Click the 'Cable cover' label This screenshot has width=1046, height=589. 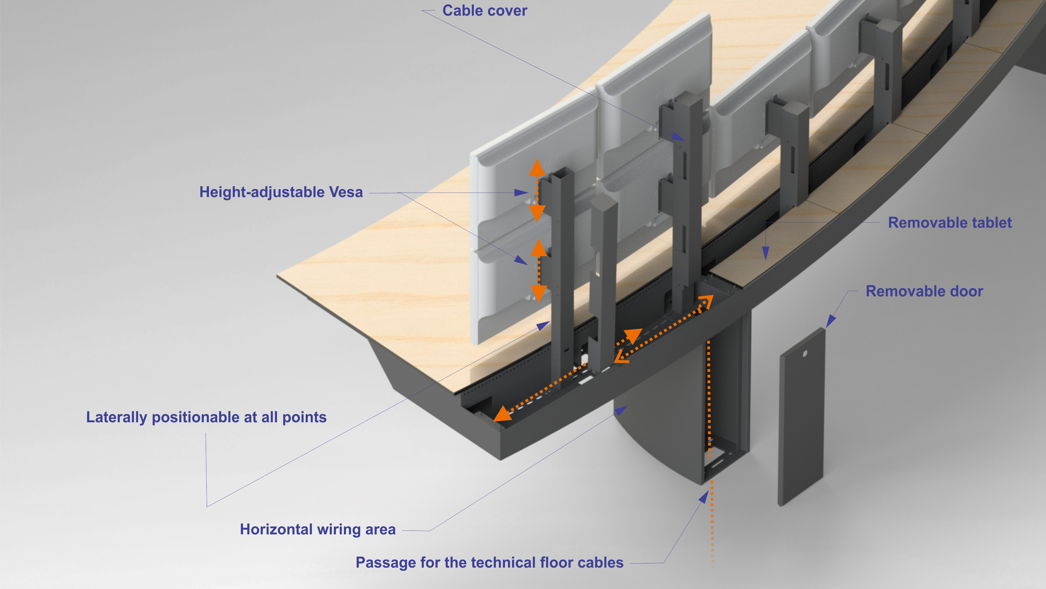[485, 11]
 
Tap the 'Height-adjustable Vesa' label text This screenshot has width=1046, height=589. [281, 192]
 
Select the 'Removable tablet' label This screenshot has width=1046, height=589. [949, 223]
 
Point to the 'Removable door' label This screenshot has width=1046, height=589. [924, 291]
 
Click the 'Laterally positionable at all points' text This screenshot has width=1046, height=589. [206, 417]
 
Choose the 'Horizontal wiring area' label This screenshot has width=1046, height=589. [317, 530]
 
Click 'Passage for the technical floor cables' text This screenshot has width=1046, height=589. [489, 562]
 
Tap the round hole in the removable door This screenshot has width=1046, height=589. [805, 354]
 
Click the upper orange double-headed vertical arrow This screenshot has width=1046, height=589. [537, 190]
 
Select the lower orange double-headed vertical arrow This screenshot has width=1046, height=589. [539, 270]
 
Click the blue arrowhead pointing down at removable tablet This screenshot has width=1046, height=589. [765, 254]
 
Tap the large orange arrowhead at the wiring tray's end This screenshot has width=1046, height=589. [503, 414]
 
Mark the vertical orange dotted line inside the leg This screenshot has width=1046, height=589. [709, 398]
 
